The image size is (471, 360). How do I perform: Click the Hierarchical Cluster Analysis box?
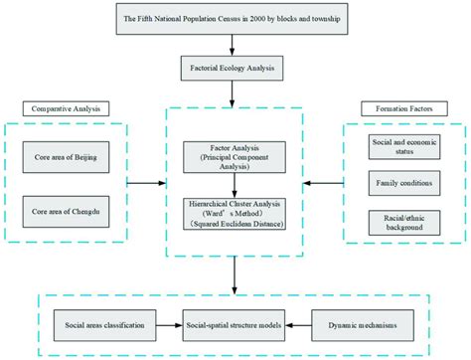(235, 214)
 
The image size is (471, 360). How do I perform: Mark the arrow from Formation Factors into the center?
(322, 183)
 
